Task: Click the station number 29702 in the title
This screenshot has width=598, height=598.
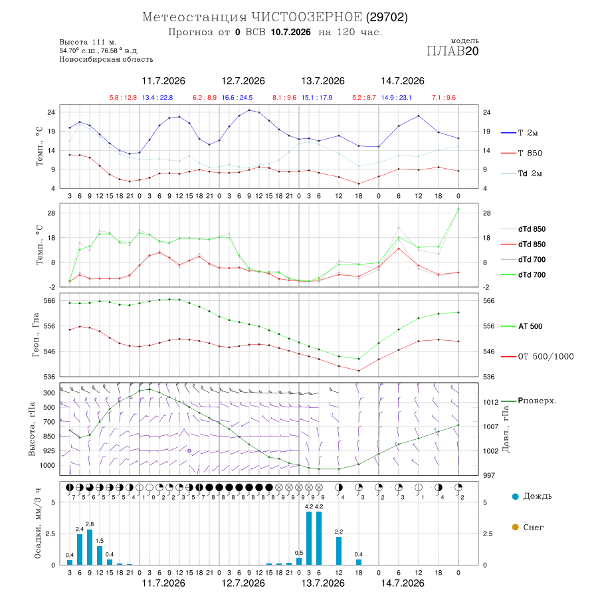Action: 387,17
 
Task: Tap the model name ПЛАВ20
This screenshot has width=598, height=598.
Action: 452,51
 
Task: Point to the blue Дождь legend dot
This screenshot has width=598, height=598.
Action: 516,496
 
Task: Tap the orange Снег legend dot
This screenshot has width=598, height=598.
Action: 516,528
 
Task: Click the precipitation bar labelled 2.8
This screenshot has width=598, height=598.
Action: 90,548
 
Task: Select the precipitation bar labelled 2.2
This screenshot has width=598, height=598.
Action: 339,551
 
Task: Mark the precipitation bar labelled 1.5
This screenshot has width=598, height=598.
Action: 100,555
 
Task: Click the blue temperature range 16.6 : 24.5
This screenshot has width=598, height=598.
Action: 237,98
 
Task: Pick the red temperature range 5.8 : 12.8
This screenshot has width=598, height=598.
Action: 123,98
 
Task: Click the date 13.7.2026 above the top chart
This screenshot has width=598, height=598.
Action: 323,81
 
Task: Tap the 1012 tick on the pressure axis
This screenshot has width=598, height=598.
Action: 491,403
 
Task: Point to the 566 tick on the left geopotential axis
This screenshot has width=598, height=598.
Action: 50,301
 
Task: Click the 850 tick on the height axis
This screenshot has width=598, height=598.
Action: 49,437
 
